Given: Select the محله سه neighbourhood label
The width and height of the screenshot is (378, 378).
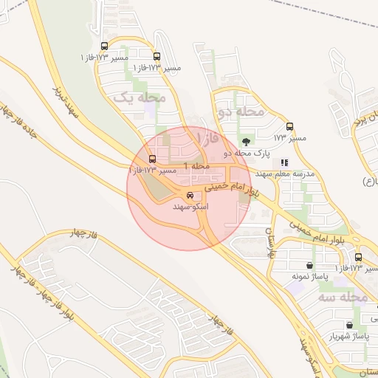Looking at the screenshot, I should point(343,297).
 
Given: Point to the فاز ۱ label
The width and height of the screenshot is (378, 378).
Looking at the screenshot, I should point(210,138).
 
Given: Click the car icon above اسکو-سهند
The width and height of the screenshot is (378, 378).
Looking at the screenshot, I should point(191,196).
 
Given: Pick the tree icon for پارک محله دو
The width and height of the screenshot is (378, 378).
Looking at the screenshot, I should point(245,140).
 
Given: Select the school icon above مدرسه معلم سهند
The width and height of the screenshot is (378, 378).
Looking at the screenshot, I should point(284,162).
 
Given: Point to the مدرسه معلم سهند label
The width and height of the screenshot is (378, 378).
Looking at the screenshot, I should point(284,174).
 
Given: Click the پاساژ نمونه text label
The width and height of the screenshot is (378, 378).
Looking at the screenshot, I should point(308,276).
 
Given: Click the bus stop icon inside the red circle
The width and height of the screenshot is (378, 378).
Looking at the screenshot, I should point(153,159).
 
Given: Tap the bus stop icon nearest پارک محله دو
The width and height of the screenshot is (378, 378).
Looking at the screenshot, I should point(289,126).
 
